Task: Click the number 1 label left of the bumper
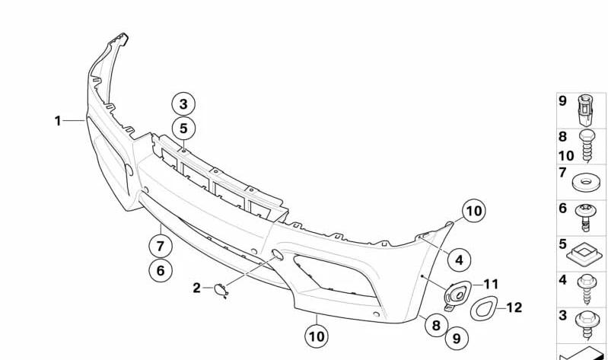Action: [x=58, y=121]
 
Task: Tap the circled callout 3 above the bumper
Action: [x=183, y=104]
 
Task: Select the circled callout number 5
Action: [x=183, y=128]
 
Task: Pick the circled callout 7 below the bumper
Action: [x=161, y=246]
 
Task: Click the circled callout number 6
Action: [x=161, y=270]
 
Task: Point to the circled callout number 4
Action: [x=459, y=260]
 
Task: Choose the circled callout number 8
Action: [x=436, y=325]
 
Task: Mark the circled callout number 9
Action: [x=457, y=338]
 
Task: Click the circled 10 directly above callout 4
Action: [x=474, y=211]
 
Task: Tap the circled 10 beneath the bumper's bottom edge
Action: [x=317, y=336]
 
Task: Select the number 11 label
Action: [x=491, y=285]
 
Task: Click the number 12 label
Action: [x=514, y=307]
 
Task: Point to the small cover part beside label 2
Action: [x=221, y=290]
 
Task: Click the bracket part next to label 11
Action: [x=457, y=295]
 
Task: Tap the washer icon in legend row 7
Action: [x=586, y=182]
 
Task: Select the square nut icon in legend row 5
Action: [x=585, y=254]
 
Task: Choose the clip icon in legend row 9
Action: [x=586, y=110]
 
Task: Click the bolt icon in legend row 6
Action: [x=586, y=217]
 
